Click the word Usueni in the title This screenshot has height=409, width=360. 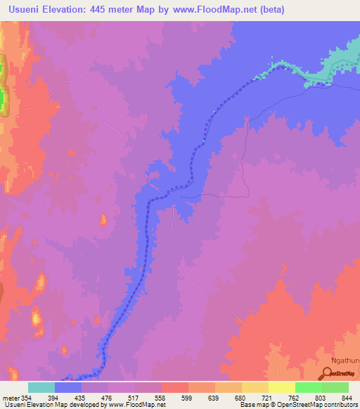tap(27, 9)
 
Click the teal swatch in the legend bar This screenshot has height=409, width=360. tap(41, 387)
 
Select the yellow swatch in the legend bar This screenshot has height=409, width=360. tap(281, 387)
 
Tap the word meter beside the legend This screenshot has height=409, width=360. tap(11, 397)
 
